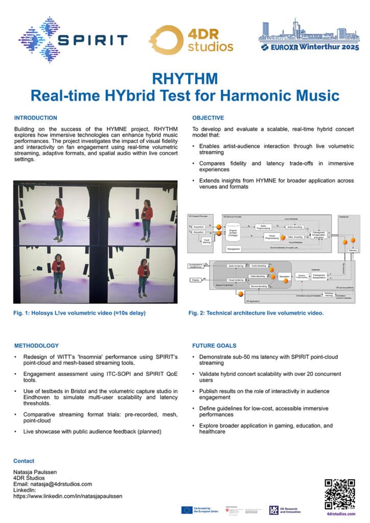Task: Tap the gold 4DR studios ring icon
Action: (163, 39)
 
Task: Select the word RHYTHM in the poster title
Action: (184, 78)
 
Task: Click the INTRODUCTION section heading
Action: (36, 117)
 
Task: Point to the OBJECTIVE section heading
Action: (208, 117)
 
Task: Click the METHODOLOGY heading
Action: (36, 345)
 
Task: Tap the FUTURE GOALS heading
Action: (214, 345)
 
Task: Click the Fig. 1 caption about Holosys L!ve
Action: (80, 313)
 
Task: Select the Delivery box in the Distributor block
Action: (352, 250)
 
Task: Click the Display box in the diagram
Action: (195, 280)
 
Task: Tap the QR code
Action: (340, 494)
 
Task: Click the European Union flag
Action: (186, 509)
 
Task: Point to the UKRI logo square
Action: (274, 510)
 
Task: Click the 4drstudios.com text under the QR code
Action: (340, 513)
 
